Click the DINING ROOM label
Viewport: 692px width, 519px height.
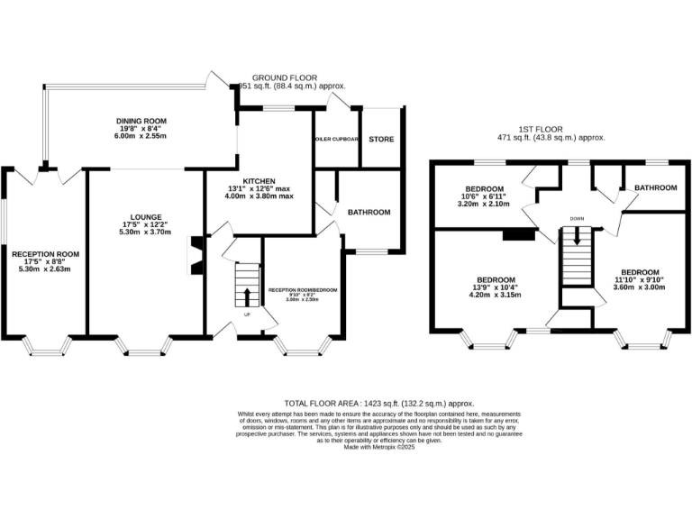click(141, 121)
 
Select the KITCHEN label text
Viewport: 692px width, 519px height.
click(258, 180)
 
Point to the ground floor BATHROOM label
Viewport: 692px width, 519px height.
click(369, 212)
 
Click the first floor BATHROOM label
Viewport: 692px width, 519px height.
click(655, 187)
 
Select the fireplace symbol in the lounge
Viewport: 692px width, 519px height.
click(195, 255)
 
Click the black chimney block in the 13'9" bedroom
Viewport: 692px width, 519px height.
click(517, 234)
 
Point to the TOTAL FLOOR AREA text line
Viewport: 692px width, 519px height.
click(378, 404)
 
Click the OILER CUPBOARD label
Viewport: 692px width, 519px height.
click(337, 140)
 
